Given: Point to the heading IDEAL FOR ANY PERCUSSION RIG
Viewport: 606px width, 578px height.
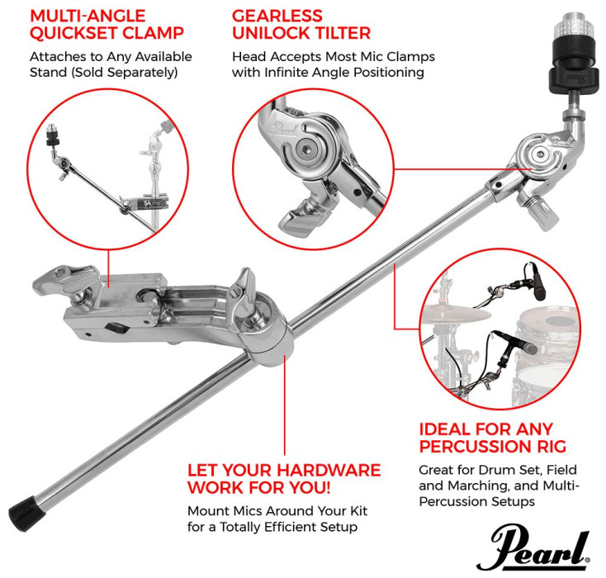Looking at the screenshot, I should pyautogui.click(x=492, y=438).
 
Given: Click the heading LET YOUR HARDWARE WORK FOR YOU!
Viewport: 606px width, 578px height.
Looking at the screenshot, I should pyautogui.click(x=283, y=480).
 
